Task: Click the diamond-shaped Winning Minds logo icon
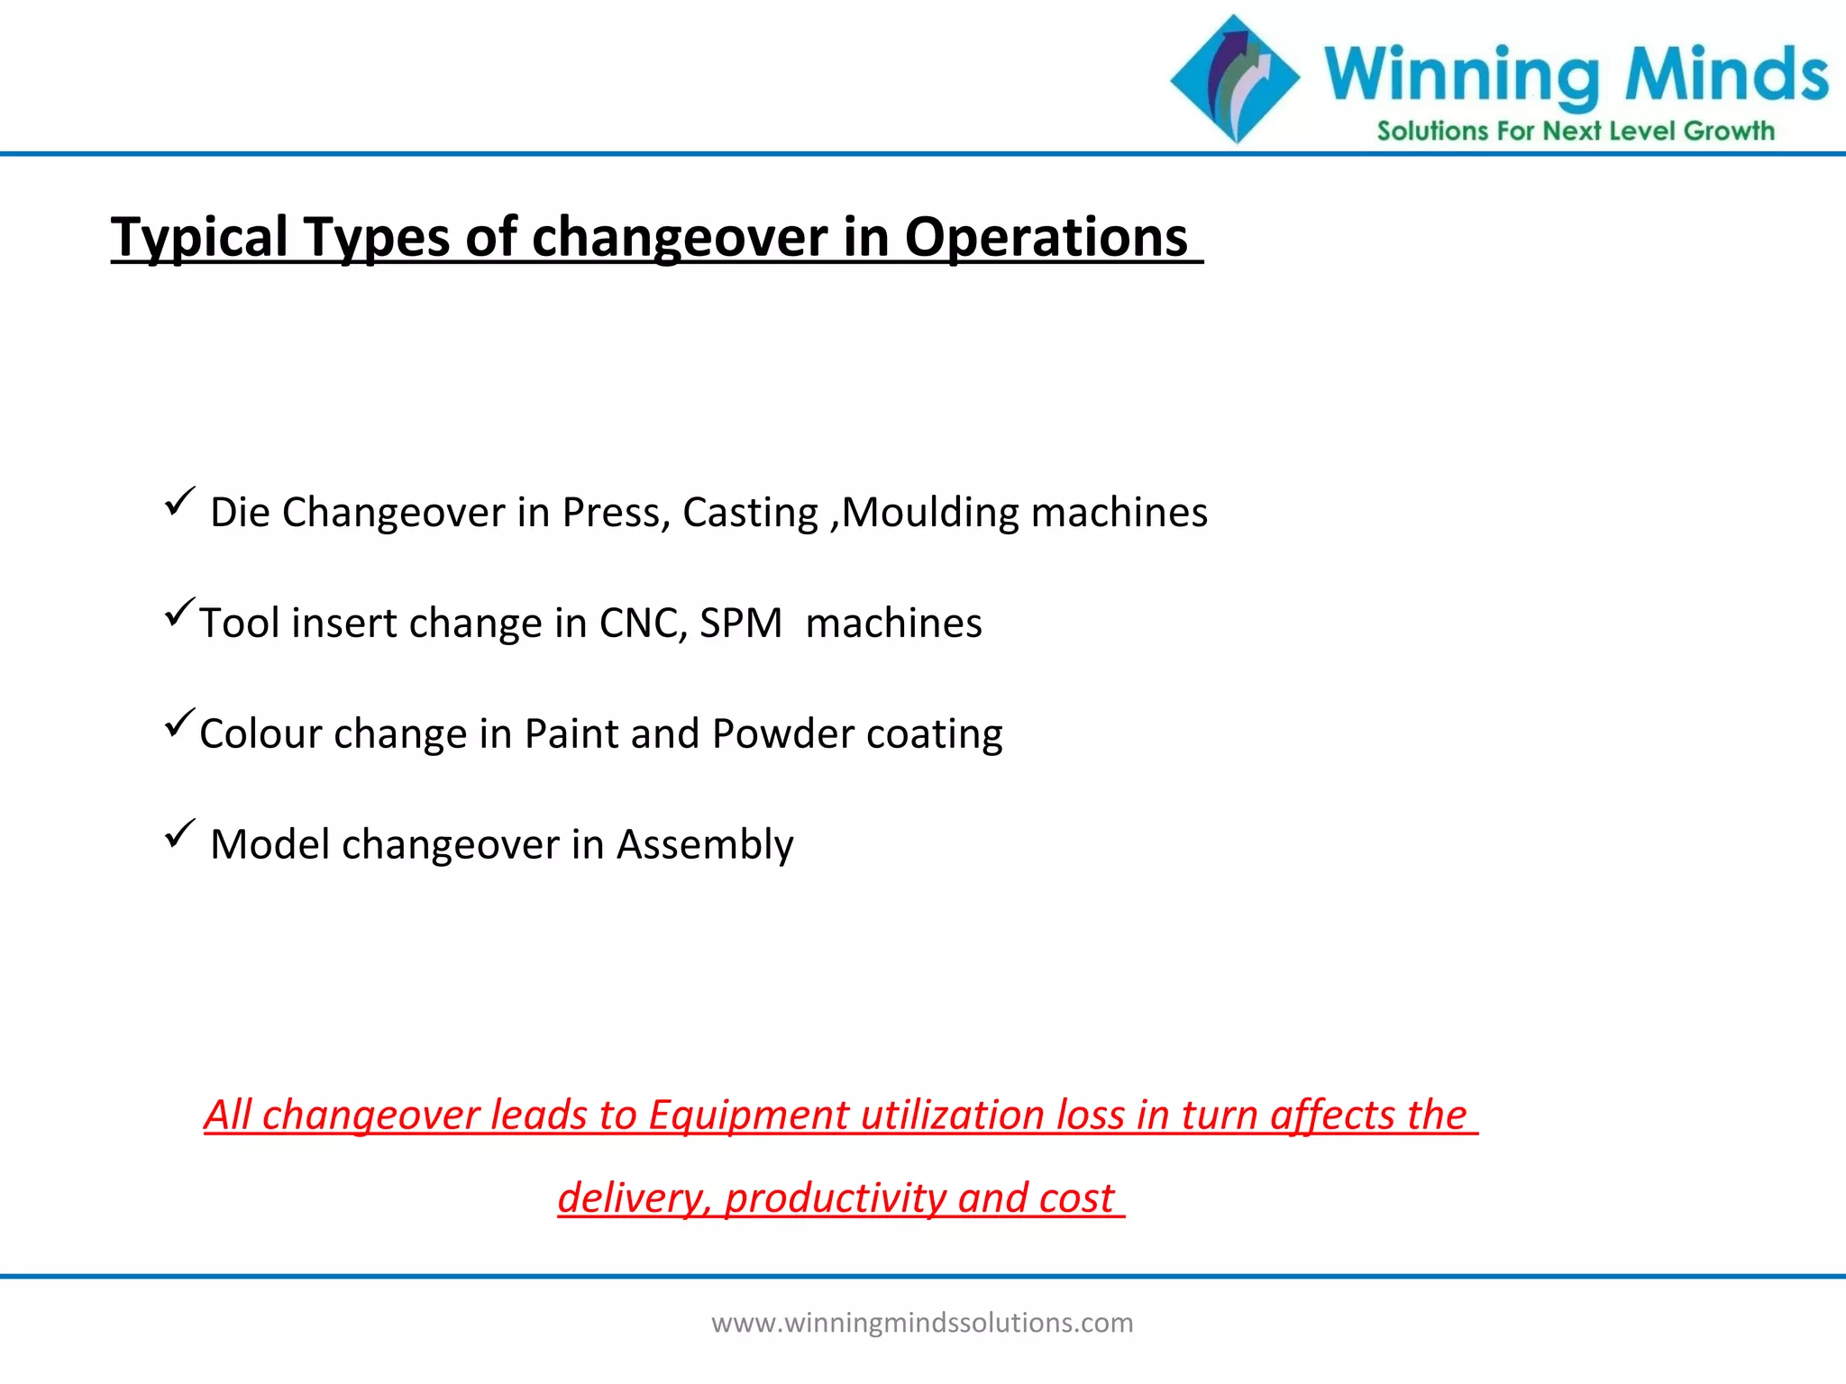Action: pyautogui.click(x=1235, y=79)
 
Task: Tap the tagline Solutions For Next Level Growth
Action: pyautogui.click(x=1575, y=132)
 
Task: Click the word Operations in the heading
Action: pyautogui.click(x=1046, y=238)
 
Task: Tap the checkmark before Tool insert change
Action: pyautogui.click(x=179, y=613)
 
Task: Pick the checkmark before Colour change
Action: pyautogui.click(x=179, y=724)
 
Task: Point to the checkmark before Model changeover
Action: pyautogui.click(x=179, y=833)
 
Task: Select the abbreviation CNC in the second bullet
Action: pyautogui.click(x=643, y=624)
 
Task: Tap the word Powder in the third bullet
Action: pyautogui.click(x=782, y=734)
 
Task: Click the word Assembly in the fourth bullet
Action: pyautogui.click(x=704, y=845)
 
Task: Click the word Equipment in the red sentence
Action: pyautogui.click(x=748, y=1115)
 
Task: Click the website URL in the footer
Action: pyautogui.click(x=922, y=1323)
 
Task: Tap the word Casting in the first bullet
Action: pyautogui.click(x=750, y=513)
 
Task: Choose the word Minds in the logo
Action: pyautogui.click(x=1726, y=74)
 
